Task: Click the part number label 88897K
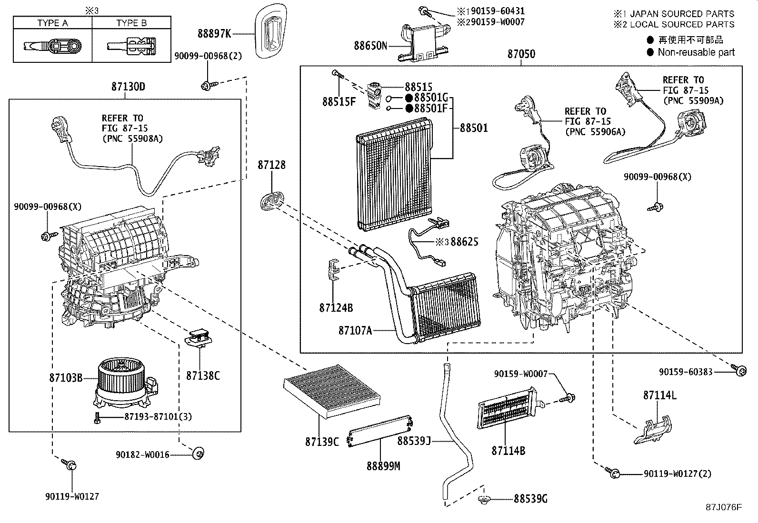pyautogui.click(x=214, y=33)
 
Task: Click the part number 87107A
pyautogui.click(x=355, y=330)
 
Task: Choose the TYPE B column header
pyautogui.click(x=131, y=23)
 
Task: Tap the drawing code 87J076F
pyautogui.click(x=724, y=507)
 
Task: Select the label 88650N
pyautogui.click(x=370, y=46)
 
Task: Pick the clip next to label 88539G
pyautogui.click(x=484, y=499)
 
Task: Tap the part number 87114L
pyautogui.click(x=659, y=395)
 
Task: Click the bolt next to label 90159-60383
pyautogui.click(x=739, y=370)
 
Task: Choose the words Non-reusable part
pyautogui.click(x=696, y=52)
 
